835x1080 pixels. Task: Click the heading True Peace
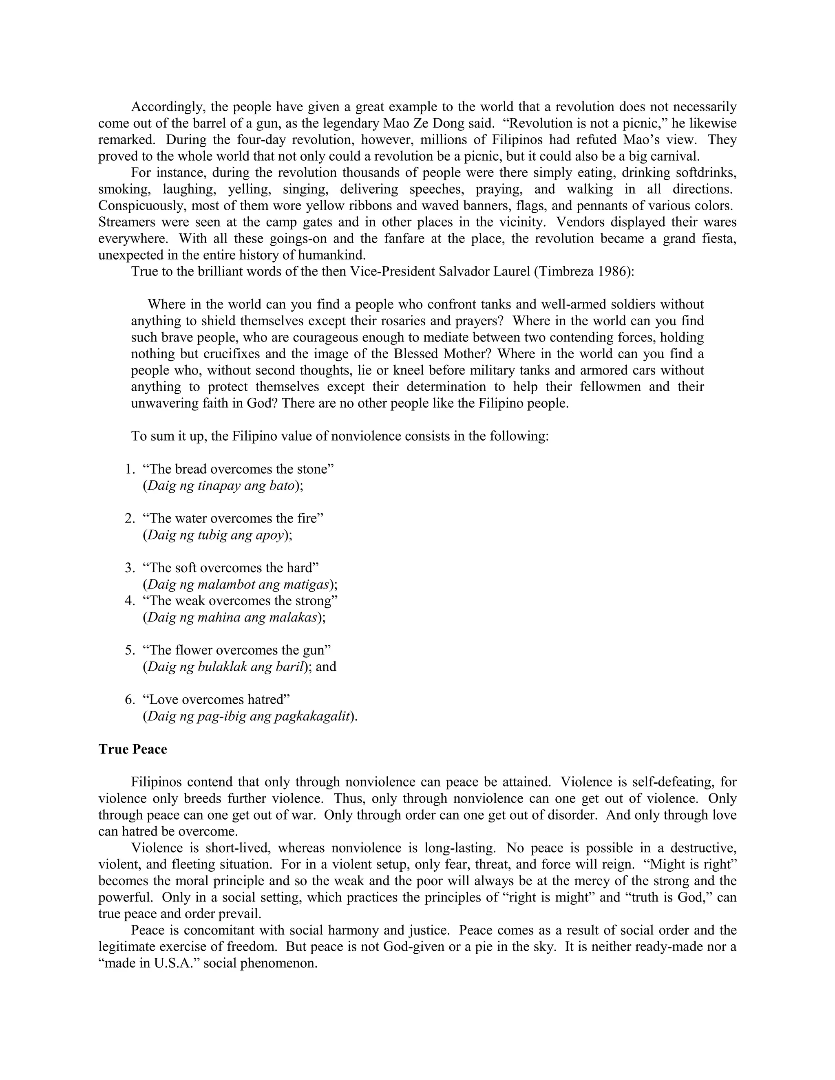tap(133, 749)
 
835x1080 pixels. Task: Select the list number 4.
tap(130, 601)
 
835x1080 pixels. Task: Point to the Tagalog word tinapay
tap(218, 486)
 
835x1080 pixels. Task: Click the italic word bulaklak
tap(222, 667)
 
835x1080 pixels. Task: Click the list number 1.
tap(130, 469)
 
